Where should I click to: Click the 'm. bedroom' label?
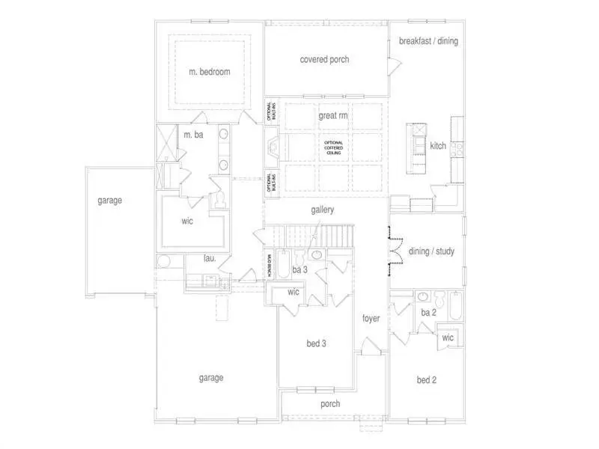209,73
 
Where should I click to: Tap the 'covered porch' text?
324,59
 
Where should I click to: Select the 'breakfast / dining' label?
428,41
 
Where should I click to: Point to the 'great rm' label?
332,116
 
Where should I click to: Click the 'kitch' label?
438,146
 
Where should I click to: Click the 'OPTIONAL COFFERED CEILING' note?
333,147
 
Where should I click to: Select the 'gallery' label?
322,210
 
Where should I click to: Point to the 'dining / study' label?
431,251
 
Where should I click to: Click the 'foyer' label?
371,318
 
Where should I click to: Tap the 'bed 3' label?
317,343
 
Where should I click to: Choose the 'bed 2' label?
426,380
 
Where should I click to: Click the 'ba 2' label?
428,312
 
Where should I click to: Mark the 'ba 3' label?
300,269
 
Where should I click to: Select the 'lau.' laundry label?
210,259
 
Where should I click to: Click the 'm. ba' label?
194,135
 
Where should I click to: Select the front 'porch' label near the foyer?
329,404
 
